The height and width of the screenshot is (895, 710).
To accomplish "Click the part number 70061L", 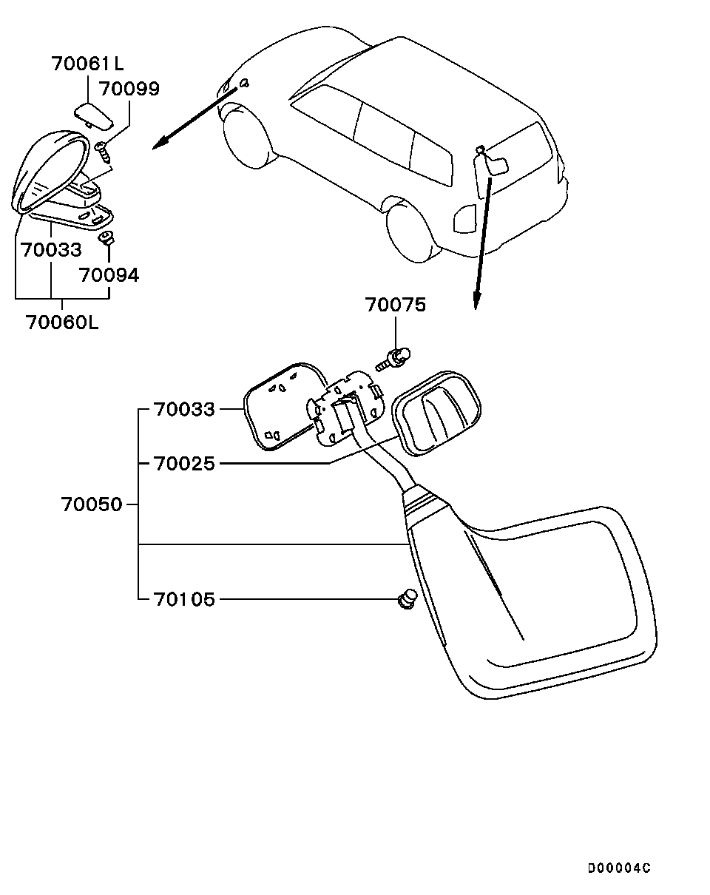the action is (x=88, y=64).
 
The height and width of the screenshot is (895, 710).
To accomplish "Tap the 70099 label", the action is (x=129, y=89).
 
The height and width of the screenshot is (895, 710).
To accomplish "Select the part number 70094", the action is (x=109, y=275).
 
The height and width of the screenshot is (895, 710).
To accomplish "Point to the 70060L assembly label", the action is (x=62, y=322).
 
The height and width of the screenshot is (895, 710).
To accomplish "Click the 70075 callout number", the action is (x=396, y=305).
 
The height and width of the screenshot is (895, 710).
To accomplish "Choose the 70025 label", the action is (x=185, y=463).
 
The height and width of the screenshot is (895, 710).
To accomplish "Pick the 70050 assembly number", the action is (x=92, y=504).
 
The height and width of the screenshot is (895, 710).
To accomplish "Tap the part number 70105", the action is (x=185, y=599).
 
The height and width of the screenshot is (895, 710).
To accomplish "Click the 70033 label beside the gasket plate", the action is (x=185, y=409).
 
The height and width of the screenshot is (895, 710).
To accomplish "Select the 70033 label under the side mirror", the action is (x=52, y=249).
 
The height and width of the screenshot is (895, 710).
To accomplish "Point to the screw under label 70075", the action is (x=393, y=359).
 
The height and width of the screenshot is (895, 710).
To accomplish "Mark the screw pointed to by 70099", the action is (x=104, y=152).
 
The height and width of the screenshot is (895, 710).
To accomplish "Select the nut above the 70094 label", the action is (x=106, y=238).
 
